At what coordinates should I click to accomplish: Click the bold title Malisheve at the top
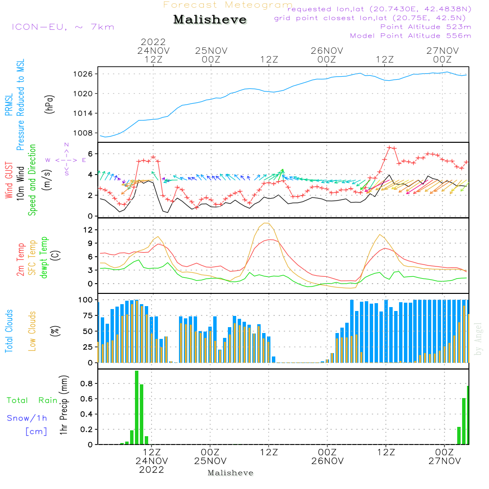click(x=210, y=20)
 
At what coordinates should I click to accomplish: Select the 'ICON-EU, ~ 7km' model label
click(x=63, y=27)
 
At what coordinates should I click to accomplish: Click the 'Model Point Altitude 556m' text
click(x=410, y=36)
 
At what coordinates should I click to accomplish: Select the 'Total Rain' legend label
click(x=32, y=400)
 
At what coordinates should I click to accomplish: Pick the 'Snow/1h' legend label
click(x=27, y=418)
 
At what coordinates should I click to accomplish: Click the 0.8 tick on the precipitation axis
click(x=87, y=383)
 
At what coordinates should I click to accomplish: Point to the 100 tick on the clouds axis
click(x=86, y=299)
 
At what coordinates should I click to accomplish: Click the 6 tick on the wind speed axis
click(x=90, y=154)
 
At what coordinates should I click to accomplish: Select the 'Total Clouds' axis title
click(x=9, y=331)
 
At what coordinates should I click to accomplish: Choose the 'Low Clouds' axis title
click(x=32, y=331)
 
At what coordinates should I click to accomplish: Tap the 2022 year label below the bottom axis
click(x=152, y=470)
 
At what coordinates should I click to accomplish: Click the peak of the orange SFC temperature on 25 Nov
click(x=267, y=223)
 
